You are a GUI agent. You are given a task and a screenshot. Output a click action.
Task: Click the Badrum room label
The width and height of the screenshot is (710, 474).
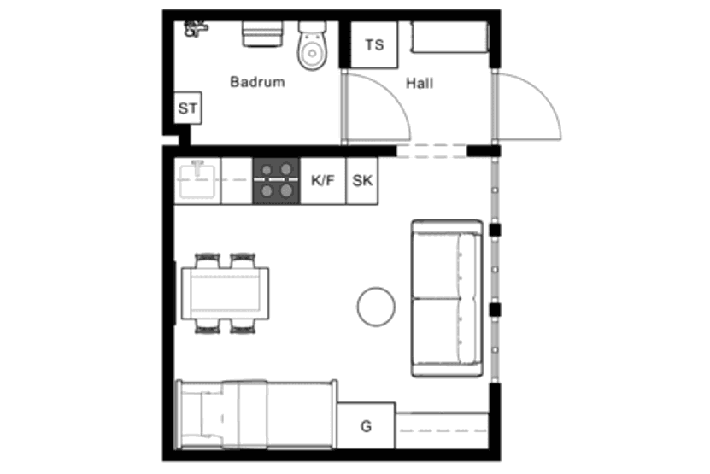pyautogui.click(x=257, y=82)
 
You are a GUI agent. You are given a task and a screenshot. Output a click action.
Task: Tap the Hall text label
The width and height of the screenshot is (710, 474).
pyautogui.click(x=420, y=84)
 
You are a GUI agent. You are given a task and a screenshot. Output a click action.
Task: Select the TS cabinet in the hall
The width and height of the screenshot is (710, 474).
pyautogui.click(x=374, y=44)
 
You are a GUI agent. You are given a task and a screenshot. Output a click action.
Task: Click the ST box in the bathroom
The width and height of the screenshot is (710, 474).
pyautogui.click(x=188, y=108)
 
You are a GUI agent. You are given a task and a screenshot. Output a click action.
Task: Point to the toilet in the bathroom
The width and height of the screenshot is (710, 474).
pyautogui.click(x=312, y=46)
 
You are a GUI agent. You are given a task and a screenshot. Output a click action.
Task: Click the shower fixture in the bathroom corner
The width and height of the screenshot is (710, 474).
pyautogui.click(x=196, y=29)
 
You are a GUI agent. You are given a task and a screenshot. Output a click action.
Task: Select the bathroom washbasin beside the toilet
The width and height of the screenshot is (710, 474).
pyautogui.click(x=262, y=34)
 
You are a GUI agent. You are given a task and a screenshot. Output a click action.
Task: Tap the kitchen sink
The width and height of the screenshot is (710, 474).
pyautogui.click(x=197, y=179)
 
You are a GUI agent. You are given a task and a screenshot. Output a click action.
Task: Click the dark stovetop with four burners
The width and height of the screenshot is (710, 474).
pyautogui.click(x=276, y=181)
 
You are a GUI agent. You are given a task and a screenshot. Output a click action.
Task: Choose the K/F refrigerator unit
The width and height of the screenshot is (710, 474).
pyautogui.click(x=323, y=181)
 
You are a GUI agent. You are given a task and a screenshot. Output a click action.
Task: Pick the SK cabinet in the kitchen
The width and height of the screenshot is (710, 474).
pyautogui.click(x=362, y=181)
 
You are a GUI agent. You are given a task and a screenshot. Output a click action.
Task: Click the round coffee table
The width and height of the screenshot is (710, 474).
pyautogui.click(x=376, y=307)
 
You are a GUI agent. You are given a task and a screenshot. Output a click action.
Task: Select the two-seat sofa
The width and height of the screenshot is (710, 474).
pyautogui.click(x=447, y=298)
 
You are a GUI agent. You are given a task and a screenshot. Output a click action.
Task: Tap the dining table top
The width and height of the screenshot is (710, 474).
pyautogui.click(x=225, y=294)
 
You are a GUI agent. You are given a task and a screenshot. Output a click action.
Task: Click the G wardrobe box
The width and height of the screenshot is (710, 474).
pyautogui.click(x=366, y=426)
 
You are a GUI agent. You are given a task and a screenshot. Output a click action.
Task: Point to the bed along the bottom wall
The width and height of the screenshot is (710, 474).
pyautogui.click(x=256, y=415)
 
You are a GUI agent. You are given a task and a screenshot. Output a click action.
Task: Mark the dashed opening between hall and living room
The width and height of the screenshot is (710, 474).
pyautogui.click(x=432, y=151)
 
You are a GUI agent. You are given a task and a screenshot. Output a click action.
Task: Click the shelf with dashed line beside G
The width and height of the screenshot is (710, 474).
pyautogui.click(x=442, y=430)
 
